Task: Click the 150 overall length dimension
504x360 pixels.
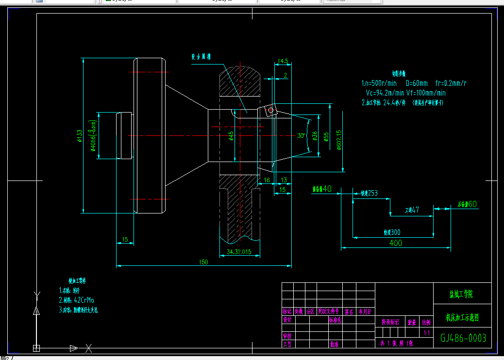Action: tap(203, 262)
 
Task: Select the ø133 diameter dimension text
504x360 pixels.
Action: tap(79, 136)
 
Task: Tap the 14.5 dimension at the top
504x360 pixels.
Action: tap(283, 61)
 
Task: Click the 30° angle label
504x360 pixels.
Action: tap(301, 135)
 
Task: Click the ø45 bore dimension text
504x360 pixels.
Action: tap(231, 136)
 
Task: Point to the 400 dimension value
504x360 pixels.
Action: tap(396, 244)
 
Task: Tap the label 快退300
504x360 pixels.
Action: tap(392, 232)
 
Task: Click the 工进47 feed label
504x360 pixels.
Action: tap(412, 210)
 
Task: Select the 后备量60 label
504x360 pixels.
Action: tap(468, 204)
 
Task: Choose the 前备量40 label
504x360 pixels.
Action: tap(321, 188)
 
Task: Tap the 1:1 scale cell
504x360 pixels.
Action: tap(427, 333)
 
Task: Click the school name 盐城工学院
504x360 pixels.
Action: tap(461, 294)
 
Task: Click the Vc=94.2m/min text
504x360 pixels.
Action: tap(385, 93)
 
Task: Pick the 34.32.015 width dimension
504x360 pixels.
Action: tap(239, 251)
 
